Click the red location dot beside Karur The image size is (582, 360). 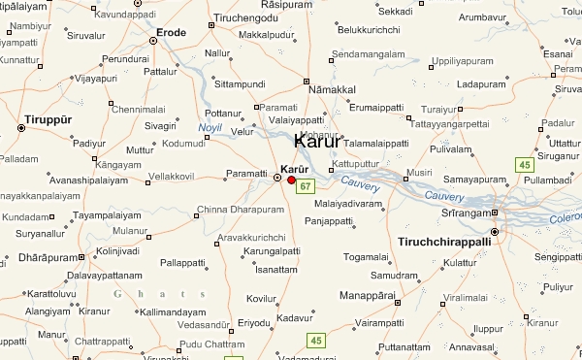pyautogui.click(x=291, y=180)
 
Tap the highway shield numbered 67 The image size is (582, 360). pyautogui.click(x=305, y=185)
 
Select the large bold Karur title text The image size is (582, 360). pyautogui.click(x=316, y=141)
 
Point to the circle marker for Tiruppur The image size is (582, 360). pyautogui.click(x=20, y=127)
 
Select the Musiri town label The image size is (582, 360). pyautogui.click(x=419, y=173)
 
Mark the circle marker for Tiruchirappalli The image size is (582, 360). pyautogui.click(x=495, y=232)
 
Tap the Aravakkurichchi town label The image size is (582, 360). pyautogui.click(x=251, y=238)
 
